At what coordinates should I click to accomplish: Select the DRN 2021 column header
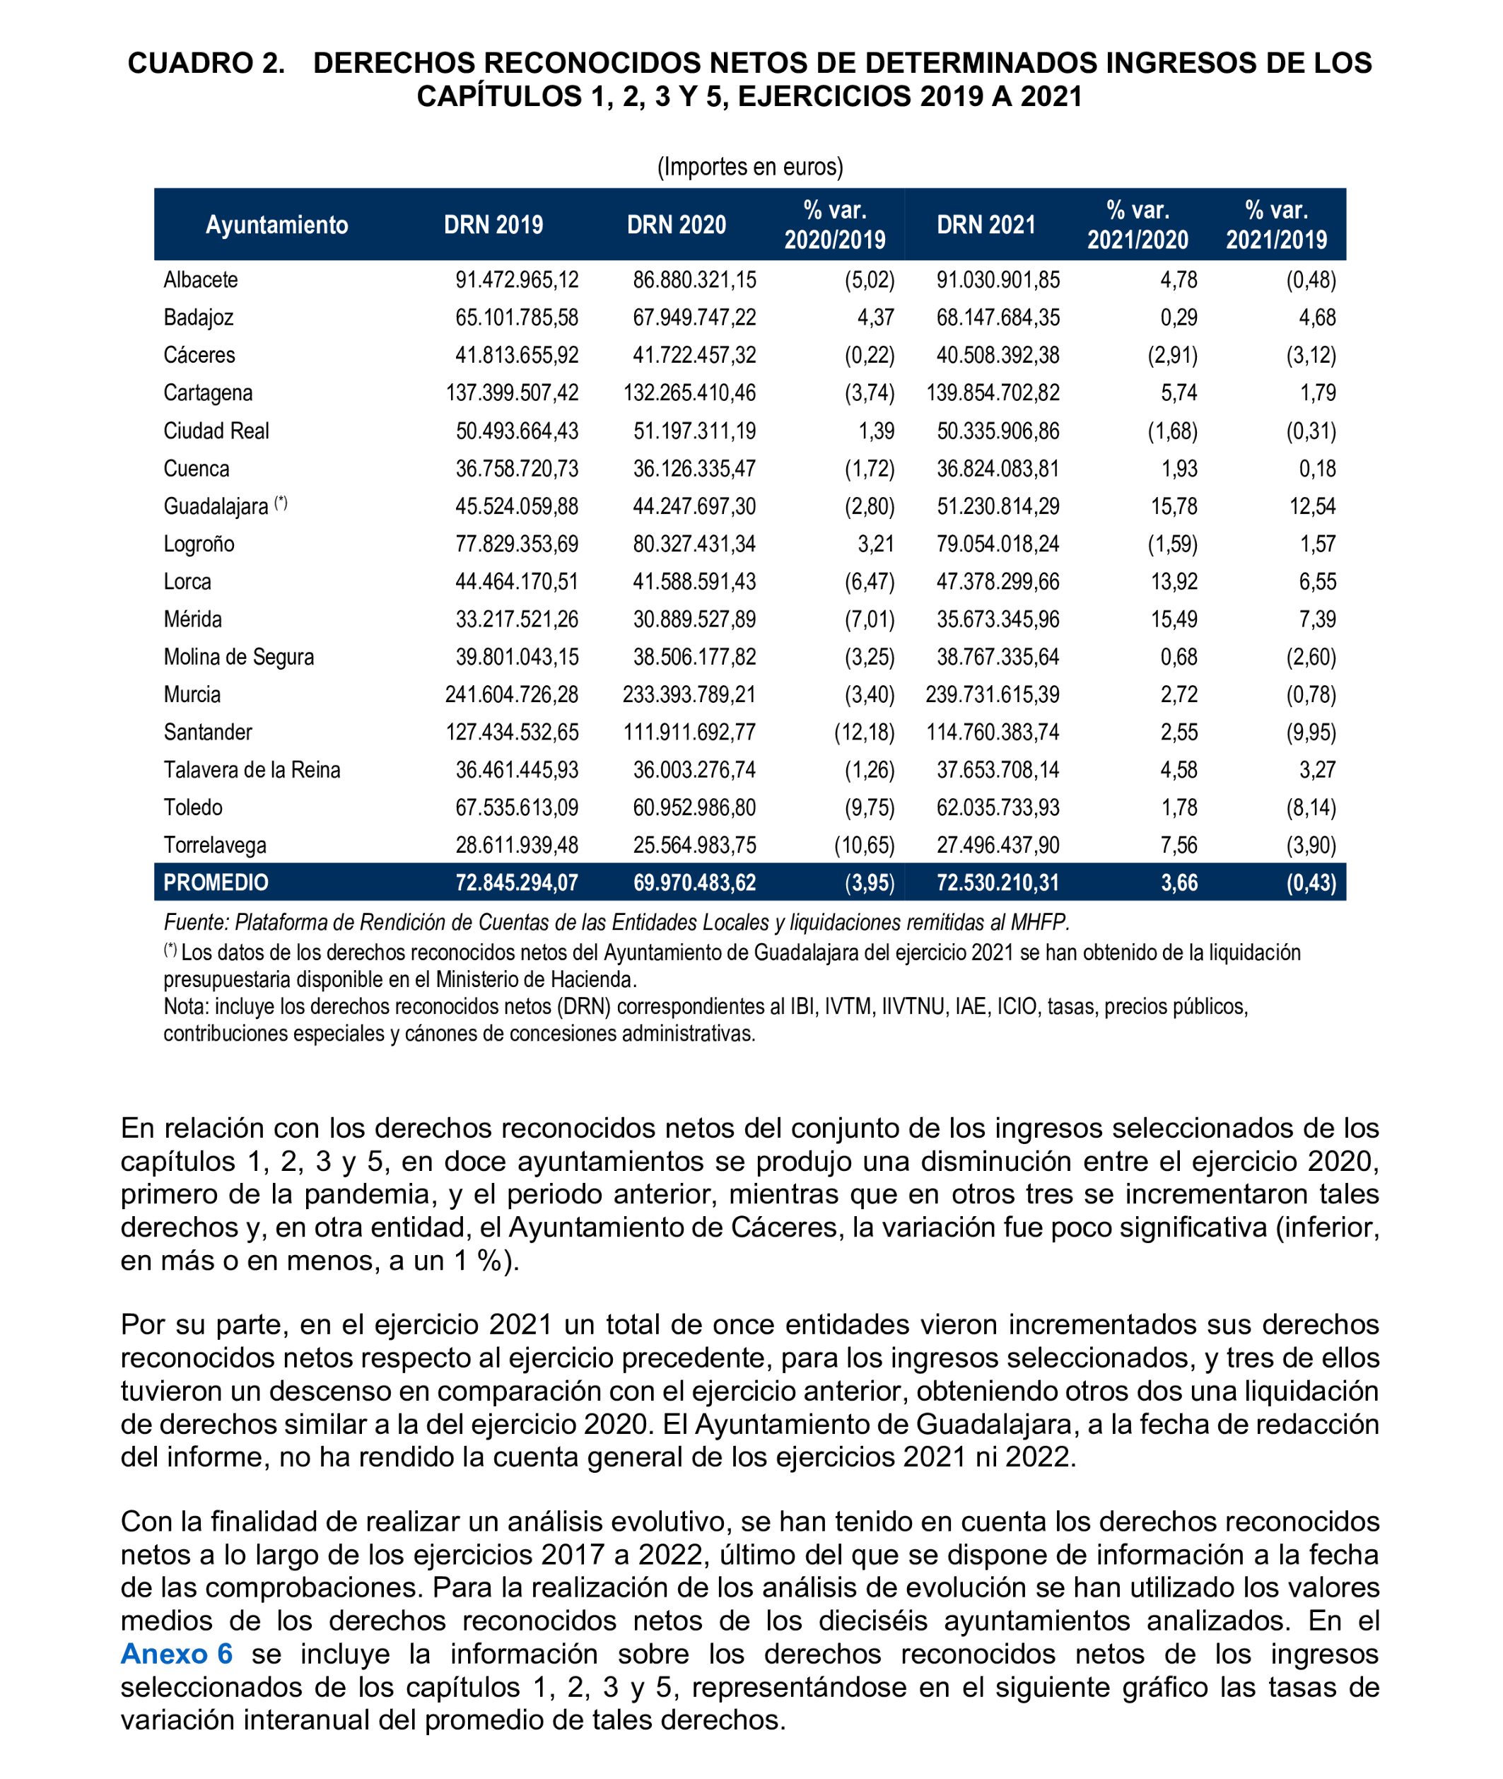[986, 225]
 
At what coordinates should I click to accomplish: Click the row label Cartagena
[208, 392]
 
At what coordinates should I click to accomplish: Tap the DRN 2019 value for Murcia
[511, 694]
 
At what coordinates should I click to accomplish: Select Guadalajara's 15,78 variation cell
[1174, 506]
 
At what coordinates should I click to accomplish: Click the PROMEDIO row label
[216, 882]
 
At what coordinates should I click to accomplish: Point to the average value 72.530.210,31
[997, 882]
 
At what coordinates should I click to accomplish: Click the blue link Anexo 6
[176, 1653]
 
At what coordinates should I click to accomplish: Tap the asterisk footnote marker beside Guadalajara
[281, 503]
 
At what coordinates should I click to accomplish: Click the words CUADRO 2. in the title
[206, 63]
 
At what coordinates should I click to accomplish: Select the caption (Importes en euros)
[750, 166]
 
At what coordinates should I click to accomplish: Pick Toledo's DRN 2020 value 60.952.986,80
[694, 807]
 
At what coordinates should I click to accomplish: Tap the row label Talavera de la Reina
[252, 769]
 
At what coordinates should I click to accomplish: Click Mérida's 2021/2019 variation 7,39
[1316, 619]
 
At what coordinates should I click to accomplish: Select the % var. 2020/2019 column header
[834, 225]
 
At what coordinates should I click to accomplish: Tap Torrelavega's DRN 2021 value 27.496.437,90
[997, 844]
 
